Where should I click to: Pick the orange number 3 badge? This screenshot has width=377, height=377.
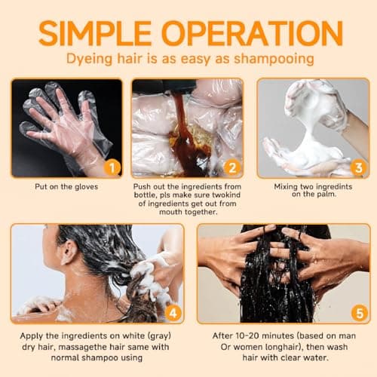point(357,167)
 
